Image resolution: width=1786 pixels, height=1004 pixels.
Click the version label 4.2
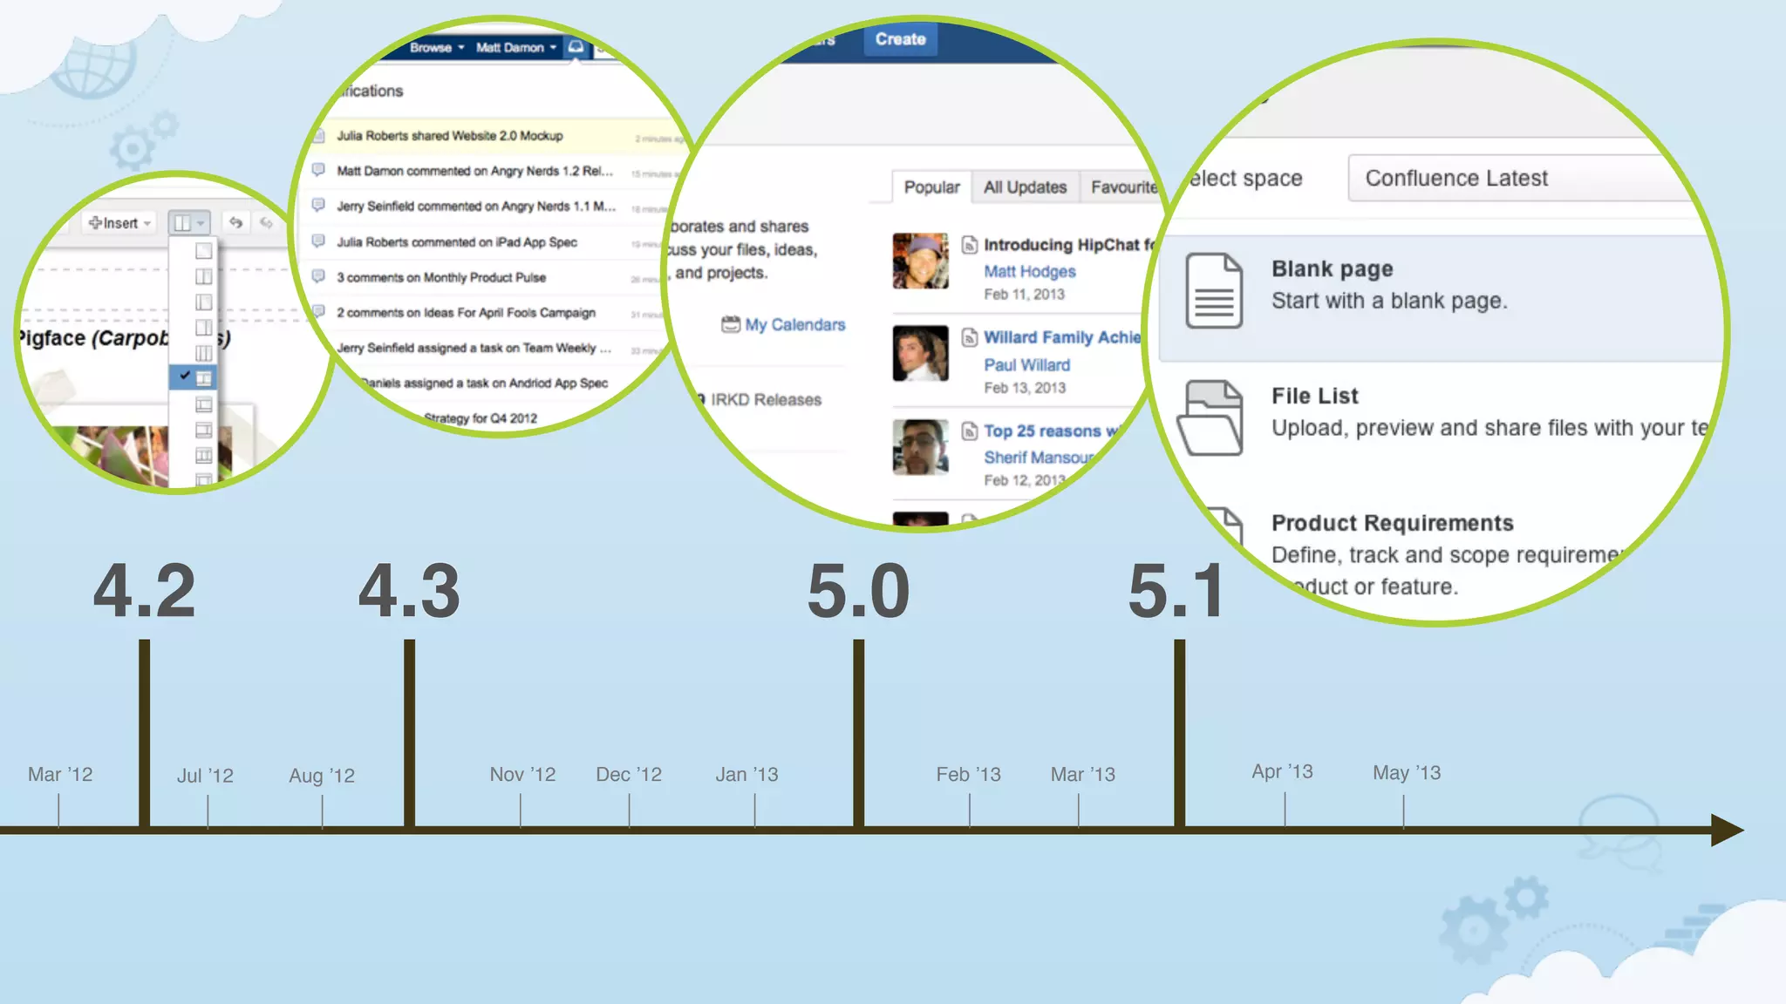coord(144,592)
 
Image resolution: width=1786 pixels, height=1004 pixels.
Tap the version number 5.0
coord(858,592)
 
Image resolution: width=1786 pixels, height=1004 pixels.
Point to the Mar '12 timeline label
coord(60,774)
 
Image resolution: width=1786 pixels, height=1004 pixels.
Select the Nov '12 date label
coord(522,774)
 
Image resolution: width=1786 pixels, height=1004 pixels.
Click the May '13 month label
coord(1406,772)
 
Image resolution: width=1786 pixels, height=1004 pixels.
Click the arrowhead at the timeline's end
coord(1726,830)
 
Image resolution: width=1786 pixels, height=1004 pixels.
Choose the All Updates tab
coord(1025,187)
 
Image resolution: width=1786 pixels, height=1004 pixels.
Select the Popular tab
coord(931,187)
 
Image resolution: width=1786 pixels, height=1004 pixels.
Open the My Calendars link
coord(794,324)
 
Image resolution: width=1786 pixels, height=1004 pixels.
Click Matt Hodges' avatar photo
coord(920,261)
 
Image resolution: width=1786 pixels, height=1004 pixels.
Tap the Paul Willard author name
coord(1026,365)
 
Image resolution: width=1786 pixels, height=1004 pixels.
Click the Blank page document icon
coord(1214,291)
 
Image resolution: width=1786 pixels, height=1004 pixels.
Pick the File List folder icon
coord(1210,418)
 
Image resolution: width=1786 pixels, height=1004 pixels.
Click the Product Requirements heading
coord(1392,523)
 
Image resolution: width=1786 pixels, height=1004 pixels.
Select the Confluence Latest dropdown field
coord(1517,178)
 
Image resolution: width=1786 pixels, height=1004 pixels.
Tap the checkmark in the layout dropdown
coord(185,376)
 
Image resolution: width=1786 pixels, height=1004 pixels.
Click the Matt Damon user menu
coord(515,47)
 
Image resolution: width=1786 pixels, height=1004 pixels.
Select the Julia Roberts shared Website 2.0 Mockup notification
coord(450,136)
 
